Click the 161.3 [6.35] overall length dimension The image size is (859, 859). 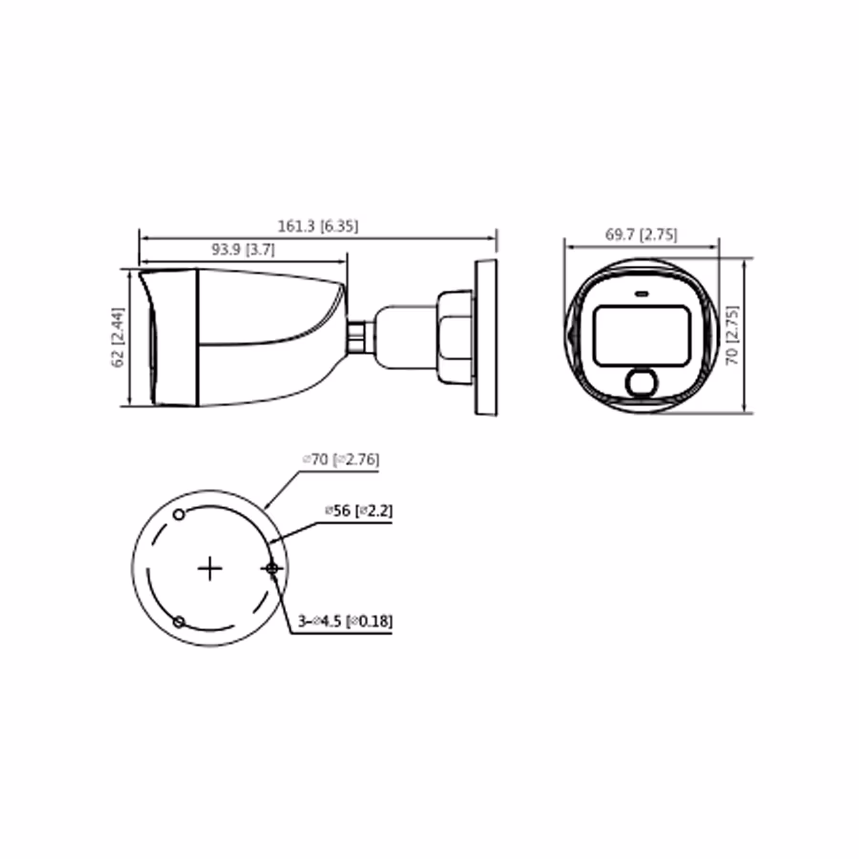(318, 226)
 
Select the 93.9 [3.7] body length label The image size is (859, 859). (243, 249)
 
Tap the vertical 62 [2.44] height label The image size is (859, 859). (117, 337)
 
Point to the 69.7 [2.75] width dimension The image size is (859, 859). (641, 234)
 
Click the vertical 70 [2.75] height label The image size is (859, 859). (732, 335)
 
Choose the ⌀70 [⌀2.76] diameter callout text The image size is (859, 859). (341, 460)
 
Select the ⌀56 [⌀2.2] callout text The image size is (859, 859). (358, 511)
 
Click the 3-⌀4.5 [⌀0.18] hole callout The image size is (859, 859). (345, 621)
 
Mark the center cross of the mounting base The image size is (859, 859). (210, 568)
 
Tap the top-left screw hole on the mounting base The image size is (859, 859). (179, 514)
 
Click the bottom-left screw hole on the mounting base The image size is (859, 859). (179, 622)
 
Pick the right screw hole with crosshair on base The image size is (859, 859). (272, 568)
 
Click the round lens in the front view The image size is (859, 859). (641, 382)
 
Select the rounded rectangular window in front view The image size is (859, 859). (642, 336)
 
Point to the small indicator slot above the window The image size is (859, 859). (642, 294)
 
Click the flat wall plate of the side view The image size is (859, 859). (486, 337)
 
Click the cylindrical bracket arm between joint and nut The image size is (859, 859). (406, 337)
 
